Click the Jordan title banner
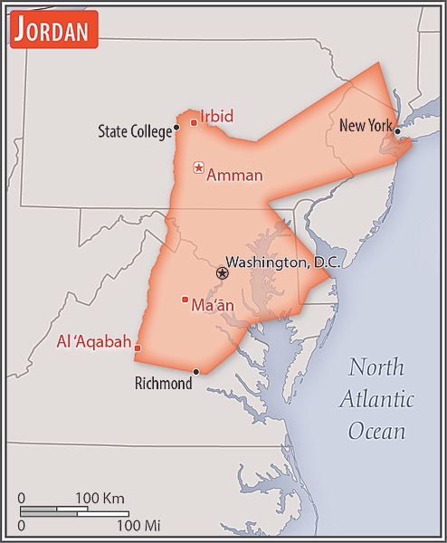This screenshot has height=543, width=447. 53,32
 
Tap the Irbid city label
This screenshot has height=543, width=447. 216,116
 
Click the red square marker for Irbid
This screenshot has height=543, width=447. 194,122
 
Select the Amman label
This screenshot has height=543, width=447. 234,176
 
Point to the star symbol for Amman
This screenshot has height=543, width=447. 198,167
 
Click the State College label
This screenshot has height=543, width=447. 134,132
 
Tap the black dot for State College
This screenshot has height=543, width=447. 176,128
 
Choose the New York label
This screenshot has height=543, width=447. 365,126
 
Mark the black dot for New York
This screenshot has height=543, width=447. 397,131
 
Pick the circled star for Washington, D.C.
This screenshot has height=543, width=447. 223,272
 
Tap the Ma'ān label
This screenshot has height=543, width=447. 213,305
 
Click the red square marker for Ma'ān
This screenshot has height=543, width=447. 185,300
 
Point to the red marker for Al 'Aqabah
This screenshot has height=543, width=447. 138,347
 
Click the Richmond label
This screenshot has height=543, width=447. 163,384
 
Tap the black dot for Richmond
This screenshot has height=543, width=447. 196,371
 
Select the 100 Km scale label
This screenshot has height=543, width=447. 100,499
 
